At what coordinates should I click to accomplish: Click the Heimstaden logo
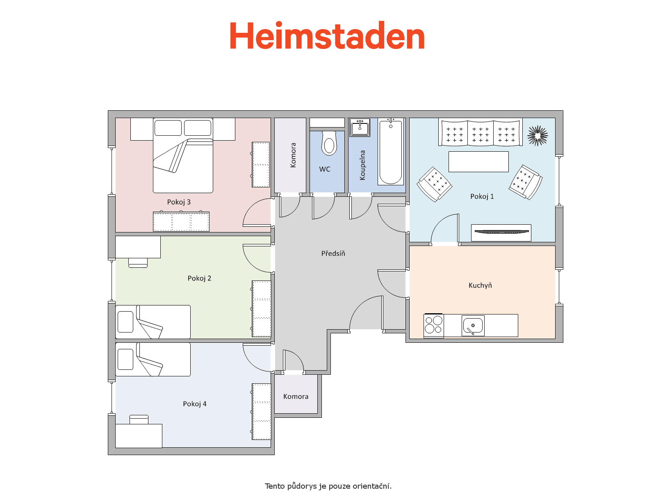pyautogui.click(x=327, y=35)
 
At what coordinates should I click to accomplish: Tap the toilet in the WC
pyautogui.click(x=329, y=143)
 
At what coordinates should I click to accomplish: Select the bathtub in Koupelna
pyautogui.click(x=391, y=151)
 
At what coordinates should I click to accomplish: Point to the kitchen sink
pyautogui.click(x=473, y=326)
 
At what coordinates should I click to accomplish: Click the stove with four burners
pyautogui.click(x=434, y=325)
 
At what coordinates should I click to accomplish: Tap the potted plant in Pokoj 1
pyautogui.click(x=538, y=136)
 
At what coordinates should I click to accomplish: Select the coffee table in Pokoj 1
pyautogui.click(x=478, y=162)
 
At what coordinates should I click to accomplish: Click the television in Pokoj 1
pyautogui.click(x=501, y=232)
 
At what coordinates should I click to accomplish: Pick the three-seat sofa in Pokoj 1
pyautogui.click(x=480, y=132)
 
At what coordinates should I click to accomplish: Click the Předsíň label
pyautogui.click(x=333, y=253)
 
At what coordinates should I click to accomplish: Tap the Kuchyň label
pyautogui.click(x=480, y=285)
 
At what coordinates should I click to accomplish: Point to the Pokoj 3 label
pyautogui.click(x=179, y=202)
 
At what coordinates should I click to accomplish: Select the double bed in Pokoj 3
pyautogui.click(x=183, y=155)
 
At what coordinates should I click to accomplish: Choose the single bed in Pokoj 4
pyautogui.click(x=153, y=360)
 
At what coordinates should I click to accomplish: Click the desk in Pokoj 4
pyautogui.click(x=139, y=436)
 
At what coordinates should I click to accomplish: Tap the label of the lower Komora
pyautogui.click(x=296, y=396)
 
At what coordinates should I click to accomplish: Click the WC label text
pyautogui.click(x=325, y=169)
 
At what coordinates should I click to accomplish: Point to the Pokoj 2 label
pyautogui.click(x=199, y=278)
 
